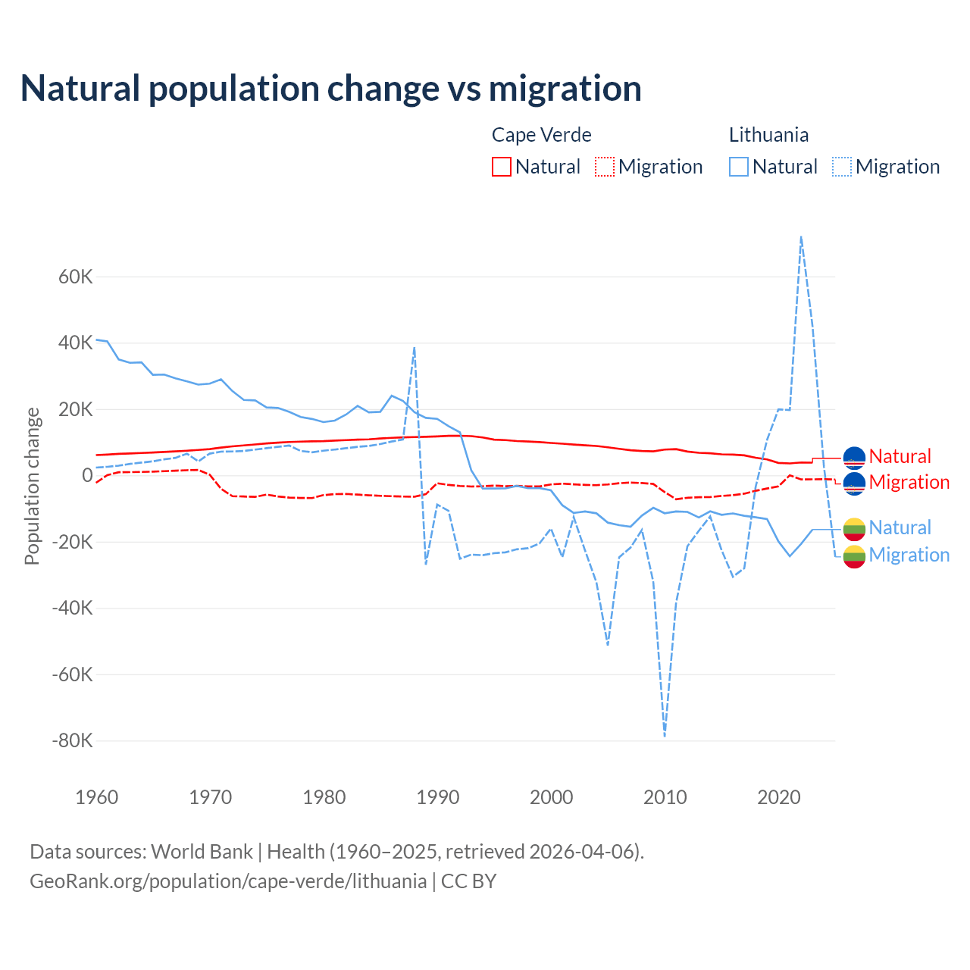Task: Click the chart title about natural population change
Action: coord(331,89)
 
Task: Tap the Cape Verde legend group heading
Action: coord(541,135)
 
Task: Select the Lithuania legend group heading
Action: coord(768,135)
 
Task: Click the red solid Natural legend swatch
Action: coord(502,167)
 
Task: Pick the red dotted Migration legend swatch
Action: coord(605,167)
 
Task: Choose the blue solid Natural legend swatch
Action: coord(739,167)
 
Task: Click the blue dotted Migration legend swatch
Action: coord(842,167)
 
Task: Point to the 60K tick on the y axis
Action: coord(75,277)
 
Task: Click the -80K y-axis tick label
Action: coord(72,740)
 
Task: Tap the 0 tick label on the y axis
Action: coord(87,476)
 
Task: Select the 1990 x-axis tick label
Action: coord(438,797)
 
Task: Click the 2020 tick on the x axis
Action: coord(779,797)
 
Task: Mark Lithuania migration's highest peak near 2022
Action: coord(801,237)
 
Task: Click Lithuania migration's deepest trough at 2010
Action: coord(665,735)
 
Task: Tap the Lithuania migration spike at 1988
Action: coord(415,348)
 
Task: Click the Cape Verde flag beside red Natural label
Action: coord(854,457)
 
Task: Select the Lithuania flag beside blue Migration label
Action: coord(854,555)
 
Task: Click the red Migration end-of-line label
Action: coord(909,482)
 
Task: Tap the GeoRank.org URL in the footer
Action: coord(228,881)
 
